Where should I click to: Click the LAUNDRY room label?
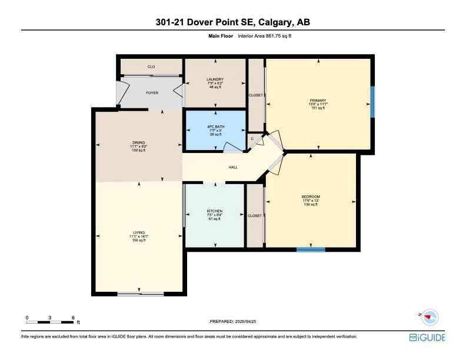pyautogui.click(x=214, y=79)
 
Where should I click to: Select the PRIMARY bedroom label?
pyautogui.click(x=318, y=100)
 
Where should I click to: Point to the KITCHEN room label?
pyautogui.click(x=214, y=211)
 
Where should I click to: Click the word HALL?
pyautogui.click(x=233, y=168)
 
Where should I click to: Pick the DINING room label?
pyautogui.click(x=138, y=142)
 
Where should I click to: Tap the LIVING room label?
pyautogui.click(x=139, y=232)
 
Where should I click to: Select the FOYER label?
pyautogui.click(x=152, y=93)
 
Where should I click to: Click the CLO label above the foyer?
pyautogui.click(x=151, y=66)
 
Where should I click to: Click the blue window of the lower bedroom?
pyautogui.click(x=311, y=249)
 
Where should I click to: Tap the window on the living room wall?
pyautogui.click(x=140, y=294)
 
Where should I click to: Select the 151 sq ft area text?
pyautogui.click(x=318, y=108)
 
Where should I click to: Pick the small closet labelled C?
pyautogui.click(x=252, y=139)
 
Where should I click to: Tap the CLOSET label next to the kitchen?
pyautogui.click(x=255, y=216)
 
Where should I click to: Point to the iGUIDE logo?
pyautogui.click(x=427, y=338)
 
